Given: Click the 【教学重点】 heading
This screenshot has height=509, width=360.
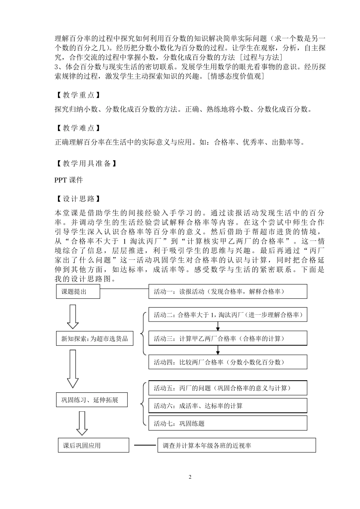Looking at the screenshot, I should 78,95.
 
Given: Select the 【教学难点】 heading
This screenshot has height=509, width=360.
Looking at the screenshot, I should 78,128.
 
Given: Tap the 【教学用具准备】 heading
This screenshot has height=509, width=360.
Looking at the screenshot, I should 86,163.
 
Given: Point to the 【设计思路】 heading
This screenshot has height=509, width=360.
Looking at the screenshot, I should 78,198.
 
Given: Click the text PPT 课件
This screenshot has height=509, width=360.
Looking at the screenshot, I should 69,180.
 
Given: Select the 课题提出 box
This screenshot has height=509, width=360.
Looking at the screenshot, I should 78,292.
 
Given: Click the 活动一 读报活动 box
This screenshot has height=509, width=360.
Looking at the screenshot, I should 227,292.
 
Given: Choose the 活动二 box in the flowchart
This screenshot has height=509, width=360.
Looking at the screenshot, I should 227,315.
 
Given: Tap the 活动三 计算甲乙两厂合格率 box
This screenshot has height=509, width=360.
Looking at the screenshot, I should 227,338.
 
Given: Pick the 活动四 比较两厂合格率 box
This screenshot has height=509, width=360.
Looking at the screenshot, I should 227,362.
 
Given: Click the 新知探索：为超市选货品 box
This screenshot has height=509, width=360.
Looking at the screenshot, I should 94,339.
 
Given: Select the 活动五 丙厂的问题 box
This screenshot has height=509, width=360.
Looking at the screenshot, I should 227,388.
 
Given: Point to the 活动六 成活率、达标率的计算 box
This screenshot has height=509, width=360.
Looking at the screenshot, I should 227,406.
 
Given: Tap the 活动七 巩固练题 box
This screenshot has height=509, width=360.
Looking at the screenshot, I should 227,423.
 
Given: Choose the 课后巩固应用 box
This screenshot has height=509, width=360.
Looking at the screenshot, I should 92,445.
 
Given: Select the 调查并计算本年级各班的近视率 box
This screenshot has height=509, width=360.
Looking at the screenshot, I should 236,445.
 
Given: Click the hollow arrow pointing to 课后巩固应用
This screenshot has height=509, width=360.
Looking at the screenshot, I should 82,423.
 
